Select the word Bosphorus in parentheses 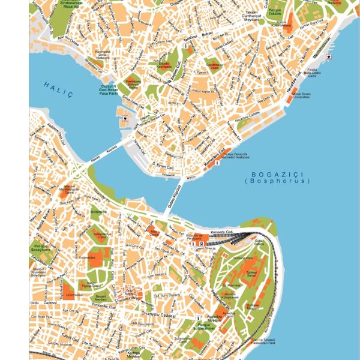pos(277,181)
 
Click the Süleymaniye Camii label pos(102,236)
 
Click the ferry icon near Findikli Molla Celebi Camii pos(328,57)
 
